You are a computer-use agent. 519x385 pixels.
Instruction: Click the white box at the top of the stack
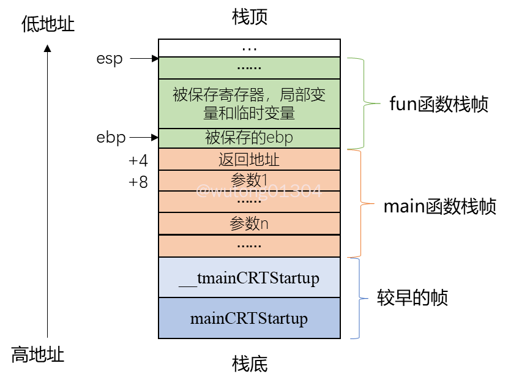click(x=249, y=48)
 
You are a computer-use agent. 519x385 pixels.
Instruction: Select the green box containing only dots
click(x=249, y=67)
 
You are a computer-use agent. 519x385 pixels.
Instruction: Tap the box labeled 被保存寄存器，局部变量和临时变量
click(x=249, y=103)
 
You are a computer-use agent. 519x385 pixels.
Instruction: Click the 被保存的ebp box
click(x=249, y=138)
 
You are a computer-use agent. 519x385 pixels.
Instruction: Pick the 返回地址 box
click(x=249, y=160)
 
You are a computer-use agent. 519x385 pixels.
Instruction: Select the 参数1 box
click(x=249, y=180)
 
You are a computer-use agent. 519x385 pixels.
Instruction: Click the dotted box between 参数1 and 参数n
click(x=249, y=202)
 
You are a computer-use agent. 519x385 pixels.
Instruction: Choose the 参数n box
click(x=249, y=223)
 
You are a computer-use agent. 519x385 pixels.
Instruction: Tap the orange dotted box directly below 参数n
click(x=249, y=245)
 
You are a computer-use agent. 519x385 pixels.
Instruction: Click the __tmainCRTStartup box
click(x=249, y=278)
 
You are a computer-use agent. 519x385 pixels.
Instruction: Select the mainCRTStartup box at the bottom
click(x=249, y=318)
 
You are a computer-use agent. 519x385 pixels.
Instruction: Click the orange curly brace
click(x=362, y=203)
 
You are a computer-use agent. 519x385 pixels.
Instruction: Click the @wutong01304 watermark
click(x=258, y=191)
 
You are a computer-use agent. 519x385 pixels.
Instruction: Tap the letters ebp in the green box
click(x=280, y=138)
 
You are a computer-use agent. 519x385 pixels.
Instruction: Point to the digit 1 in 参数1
click(x=265, y=180)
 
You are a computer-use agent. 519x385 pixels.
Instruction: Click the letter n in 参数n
click(x=264, y=224)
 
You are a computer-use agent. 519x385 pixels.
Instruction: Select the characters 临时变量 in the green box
click(x=267, y=113)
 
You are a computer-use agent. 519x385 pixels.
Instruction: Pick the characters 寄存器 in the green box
click(x=245, y=95)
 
